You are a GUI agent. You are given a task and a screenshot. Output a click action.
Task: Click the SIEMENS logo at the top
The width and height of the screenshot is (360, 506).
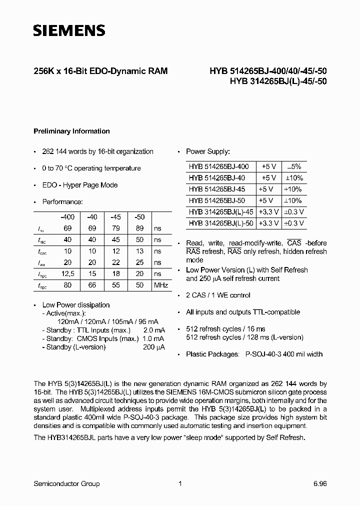tap(69, 30)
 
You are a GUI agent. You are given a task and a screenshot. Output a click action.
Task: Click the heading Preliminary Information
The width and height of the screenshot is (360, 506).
tap(71, 131)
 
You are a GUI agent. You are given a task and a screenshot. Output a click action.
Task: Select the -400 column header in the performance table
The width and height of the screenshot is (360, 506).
tap(67, 216)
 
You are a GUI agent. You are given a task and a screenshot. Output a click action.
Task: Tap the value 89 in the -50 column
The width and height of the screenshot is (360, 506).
tap(139, 228)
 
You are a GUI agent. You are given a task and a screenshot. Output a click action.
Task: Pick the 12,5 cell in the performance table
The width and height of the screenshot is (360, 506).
tap(67, 273)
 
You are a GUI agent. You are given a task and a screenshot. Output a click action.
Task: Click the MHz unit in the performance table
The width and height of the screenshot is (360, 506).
tap(160, 285)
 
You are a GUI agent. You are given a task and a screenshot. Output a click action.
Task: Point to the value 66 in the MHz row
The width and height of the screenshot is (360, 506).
tap(92, 285)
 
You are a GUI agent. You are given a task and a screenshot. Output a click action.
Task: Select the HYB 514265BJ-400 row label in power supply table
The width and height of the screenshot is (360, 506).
tap(218, 166)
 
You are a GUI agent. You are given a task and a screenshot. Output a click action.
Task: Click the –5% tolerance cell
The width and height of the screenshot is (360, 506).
tap(294, 166)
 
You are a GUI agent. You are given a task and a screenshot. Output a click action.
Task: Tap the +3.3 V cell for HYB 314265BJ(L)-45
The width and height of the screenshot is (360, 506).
tap(269, 211)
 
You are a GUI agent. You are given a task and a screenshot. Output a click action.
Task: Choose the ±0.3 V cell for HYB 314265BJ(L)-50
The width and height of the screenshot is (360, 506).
tap(294, 223)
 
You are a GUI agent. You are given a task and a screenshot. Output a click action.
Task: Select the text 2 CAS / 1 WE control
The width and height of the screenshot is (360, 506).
tap(218, 295)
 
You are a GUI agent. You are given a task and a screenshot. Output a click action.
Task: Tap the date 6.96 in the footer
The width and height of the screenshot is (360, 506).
tap(320, 483)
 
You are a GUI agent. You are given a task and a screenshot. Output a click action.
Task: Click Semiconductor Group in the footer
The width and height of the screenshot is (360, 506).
tap(66, 483)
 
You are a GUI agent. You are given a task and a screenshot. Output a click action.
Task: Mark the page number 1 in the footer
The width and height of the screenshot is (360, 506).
tap(179, 483)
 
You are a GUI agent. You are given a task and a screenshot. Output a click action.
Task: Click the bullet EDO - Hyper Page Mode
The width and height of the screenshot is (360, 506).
tap(80, 185)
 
